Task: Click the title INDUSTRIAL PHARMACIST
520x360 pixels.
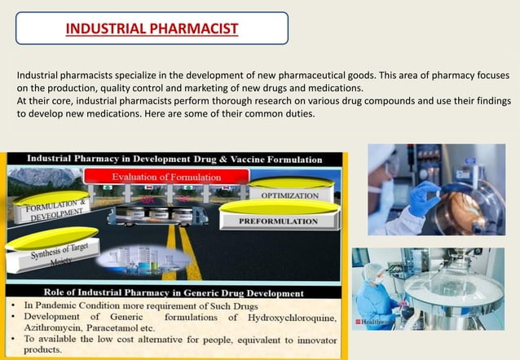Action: [x=152, y=29]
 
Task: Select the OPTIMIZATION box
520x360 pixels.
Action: [x=289, y=195]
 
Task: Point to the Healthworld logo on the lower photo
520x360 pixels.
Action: [x=371, y=323]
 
